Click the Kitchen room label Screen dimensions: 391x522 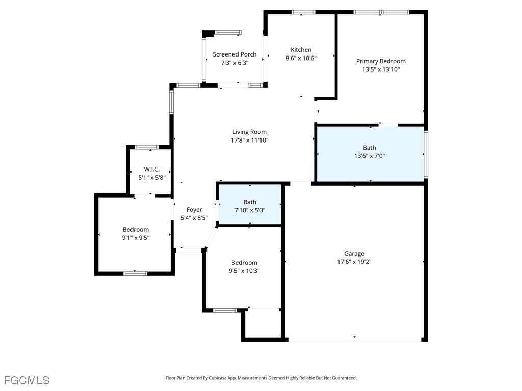coord(301,50)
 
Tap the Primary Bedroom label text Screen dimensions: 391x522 coord(381,61)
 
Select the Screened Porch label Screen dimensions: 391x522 coord(234,54)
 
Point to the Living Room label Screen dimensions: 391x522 coord(249,132)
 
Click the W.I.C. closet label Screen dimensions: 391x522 coord(152,169)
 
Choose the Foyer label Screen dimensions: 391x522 coord(194,209)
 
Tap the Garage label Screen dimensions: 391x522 coord(354,253)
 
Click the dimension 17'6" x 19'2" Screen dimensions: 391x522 coord(354,262)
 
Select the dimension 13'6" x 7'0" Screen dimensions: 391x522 coord(370,156)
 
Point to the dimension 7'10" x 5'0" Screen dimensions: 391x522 coord(250,210)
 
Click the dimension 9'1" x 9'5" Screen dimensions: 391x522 coord(136,237)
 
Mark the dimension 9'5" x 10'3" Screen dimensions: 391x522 coord(244,271)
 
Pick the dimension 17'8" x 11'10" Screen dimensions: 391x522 coord(249,140)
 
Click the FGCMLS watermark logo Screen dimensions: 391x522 coord(27,380)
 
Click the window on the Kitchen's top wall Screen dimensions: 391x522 coord(303,12)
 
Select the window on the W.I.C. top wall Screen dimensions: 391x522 coord(146,147)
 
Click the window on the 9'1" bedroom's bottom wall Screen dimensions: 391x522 coord(135,273)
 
